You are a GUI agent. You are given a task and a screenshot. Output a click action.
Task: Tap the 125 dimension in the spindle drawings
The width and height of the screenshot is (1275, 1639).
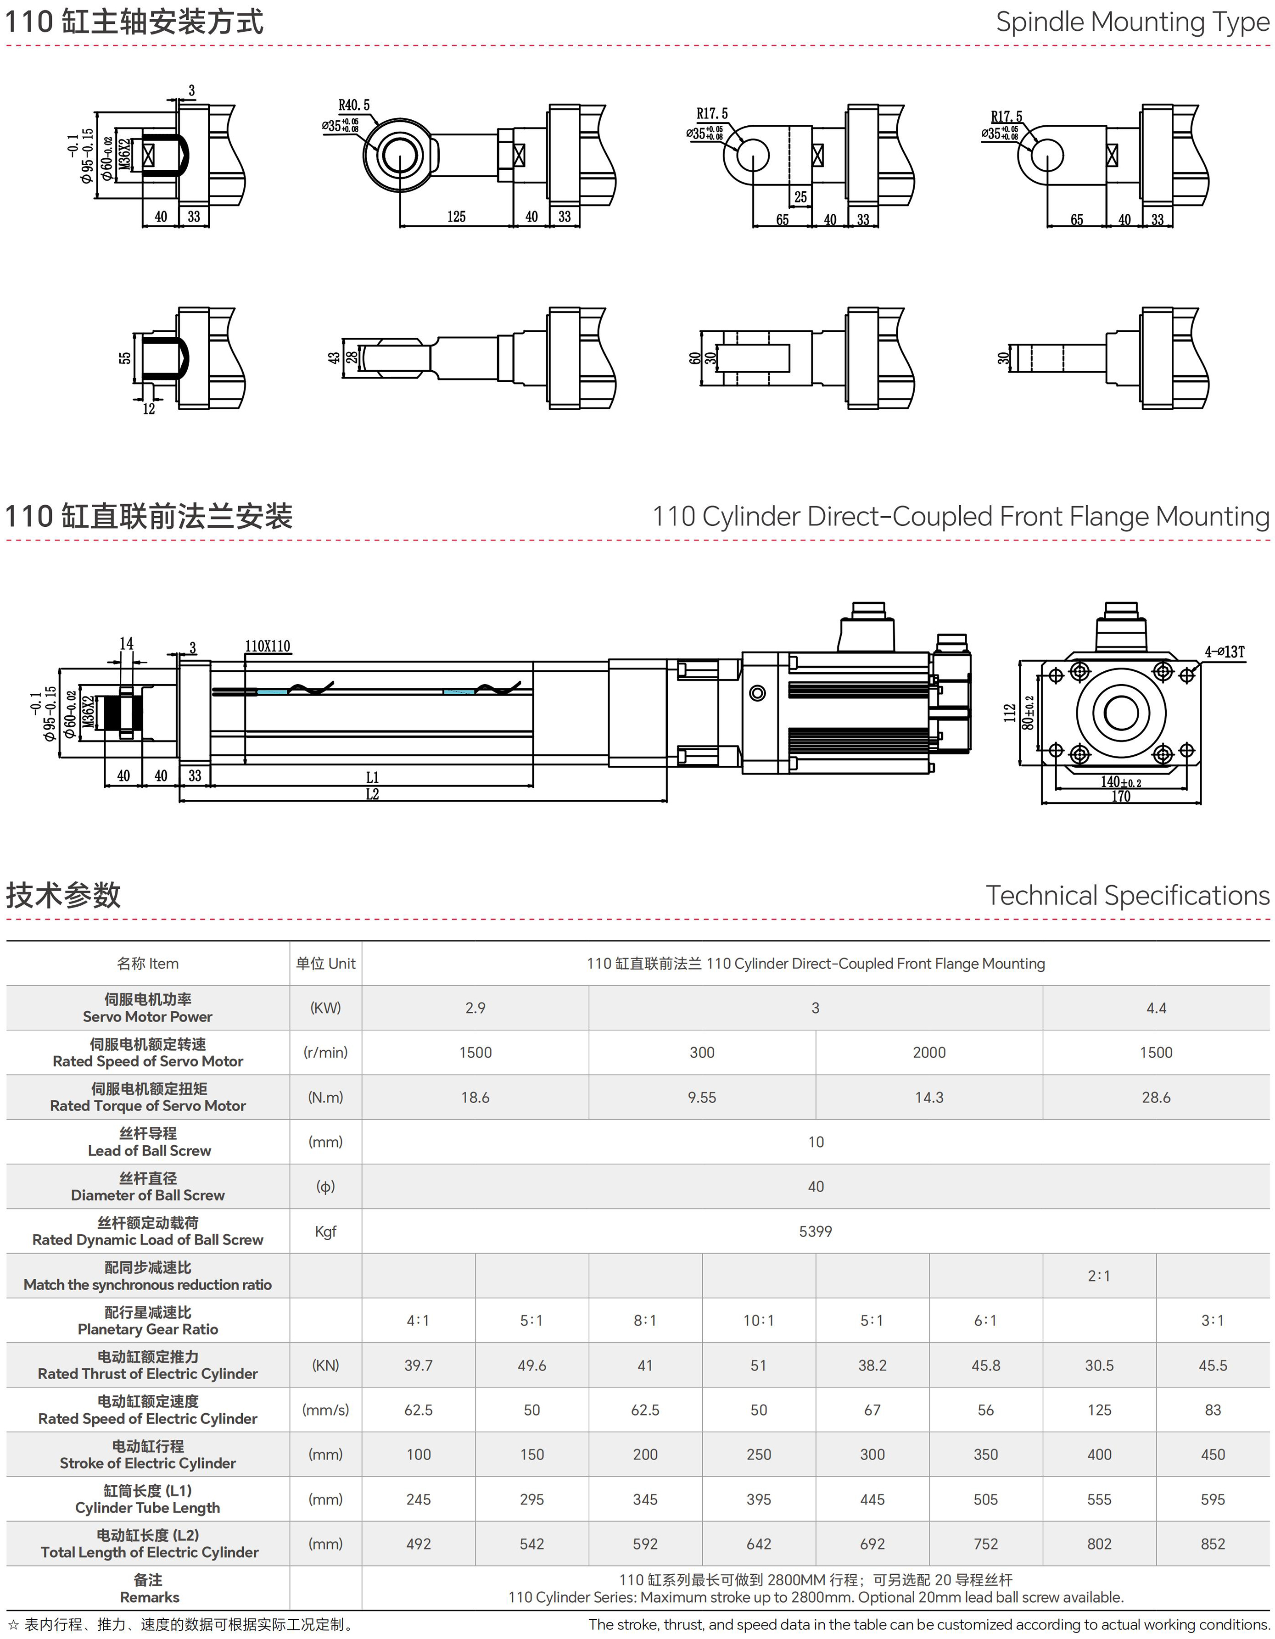(x=456, y=217)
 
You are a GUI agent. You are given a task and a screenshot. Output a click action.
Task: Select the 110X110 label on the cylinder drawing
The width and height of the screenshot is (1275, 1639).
(x=267, y=646)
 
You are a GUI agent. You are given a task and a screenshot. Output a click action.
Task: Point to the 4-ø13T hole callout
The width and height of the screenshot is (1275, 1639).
(x=1225, y=652)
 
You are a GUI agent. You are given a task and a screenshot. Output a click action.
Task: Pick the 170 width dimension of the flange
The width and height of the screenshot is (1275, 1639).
(x=1120, y=796)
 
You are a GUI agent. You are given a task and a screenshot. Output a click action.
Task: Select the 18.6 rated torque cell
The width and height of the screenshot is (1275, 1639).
(x=475, y=1097)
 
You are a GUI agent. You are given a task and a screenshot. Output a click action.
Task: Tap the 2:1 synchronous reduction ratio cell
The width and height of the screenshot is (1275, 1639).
(x=1099, y=1276)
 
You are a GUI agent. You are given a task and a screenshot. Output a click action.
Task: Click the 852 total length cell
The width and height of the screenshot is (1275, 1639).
(x=1212, y=1544)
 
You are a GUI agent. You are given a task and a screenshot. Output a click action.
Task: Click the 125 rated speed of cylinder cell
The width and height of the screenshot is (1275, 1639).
(x=1099, y=1410)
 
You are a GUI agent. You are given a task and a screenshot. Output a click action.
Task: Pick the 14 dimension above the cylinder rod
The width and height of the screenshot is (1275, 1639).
(x=126, y=643)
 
